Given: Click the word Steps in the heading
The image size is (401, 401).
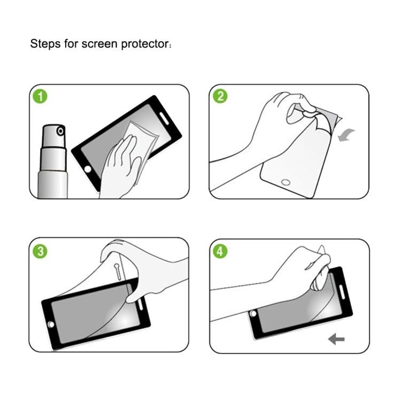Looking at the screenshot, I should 45,43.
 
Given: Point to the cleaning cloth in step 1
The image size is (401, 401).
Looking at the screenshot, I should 140,138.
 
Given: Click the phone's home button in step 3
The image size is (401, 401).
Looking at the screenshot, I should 52,324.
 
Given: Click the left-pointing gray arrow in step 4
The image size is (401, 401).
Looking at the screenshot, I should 336,339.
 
